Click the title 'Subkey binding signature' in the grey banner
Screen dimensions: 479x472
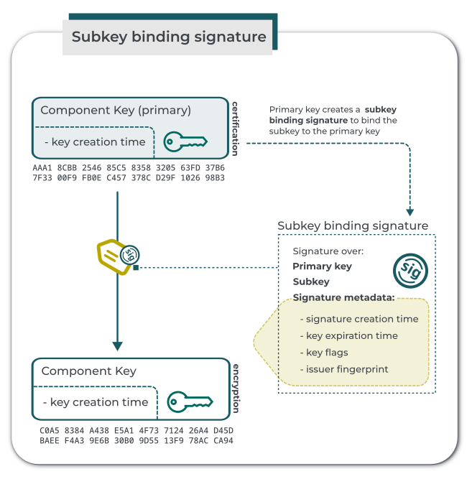[169, 37]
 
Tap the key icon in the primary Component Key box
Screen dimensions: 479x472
[185, 141]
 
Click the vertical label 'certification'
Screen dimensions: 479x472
[235, 129]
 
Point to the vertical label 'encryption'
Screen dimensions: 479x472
[235, 389]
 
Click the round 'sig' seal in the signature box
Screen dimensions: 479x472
[410, 271]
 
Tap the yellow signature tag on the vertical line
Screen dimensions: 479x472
[117, 254]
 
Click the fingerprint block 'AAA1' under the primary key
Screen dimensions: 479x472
[43, 168]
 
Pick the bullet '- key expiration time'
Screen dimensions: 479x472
[348, 335]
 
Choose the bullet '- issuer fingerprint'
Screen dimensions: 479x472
[343, 369]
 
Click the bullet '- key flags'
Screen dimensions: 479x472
[324, 353]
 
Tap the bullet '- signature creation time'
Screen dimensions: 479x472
[358, 319]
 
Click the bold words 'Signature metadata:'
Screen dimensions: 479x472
[343, 297]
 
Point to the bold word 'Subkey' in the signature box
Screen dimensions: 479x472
[311, 282]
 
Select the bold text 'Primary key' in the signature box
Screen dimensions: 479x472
[322, 266]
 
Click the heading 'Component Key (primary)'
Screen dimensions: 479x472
[116, 110]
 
